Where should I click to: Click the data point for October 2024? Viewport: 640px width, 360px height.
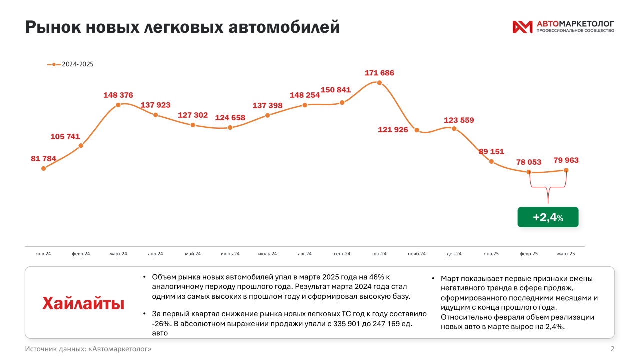point(379,83)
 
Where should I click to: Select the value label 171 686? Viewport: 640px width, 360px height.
point(379,73)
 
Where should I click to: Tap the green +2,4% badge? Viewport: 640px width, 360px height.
point(548,217)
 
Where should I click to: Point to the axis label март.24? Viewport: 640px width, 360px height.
point(118,254)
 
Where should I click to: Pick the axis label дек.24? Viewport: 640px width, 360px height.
point(454,254)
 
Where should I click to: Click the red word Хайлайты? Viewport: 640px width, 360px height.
point(83,303)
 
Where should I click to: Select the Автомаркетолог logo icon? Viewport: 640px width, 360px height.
point(522,27)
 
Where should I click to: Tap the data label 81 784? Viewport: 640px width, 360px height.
point(43,159)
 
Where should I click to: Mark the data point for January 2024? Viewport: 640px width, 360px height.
point(44,168)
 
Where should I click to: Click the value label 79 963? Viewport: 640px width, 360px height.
point(566,160)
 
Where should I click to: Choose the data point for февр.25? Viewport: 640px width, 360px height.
point(529,172)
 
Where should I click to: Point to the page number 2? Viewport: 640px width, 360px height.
point(612,348)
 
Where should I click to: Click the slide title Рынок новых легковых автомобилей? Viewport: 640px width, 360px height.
point(182,27)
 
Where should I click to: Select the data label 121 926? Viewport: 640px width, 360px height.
point(393,130)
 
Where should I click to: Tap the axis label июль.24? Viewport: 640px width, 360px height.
point(267,254)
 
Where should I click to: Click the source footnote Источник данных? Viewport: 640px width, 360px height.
point(88,348)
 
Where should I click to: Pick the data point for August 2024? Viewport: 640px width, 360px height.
point(305,105)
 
